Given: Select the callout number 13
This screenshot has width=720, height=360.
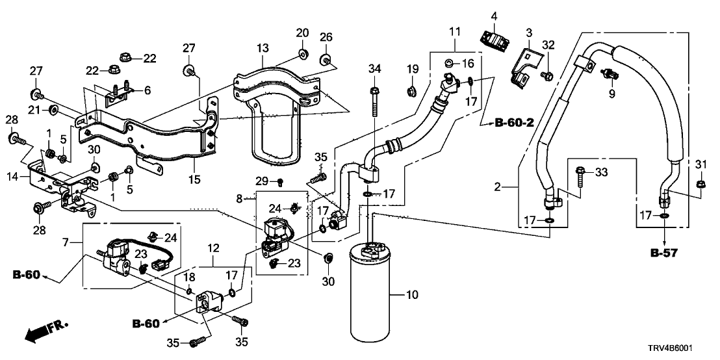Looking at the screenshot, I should click(x=262, y=48).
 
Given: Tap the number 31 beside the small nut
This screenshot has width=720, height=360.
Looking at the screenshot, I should click(x=700, y=162).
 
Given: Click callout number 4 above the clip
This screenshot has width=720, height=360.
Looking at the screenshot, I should click(x=494, y=15).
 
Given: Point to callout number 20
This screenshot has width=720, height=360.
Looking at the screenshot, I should click(x=303, y=33).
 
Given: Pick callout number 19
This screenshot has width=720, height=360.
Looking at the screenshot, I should click(x=413, y=69).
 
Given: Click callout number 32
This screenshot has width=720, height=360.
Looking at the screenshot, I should click(x=548, y=45).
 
